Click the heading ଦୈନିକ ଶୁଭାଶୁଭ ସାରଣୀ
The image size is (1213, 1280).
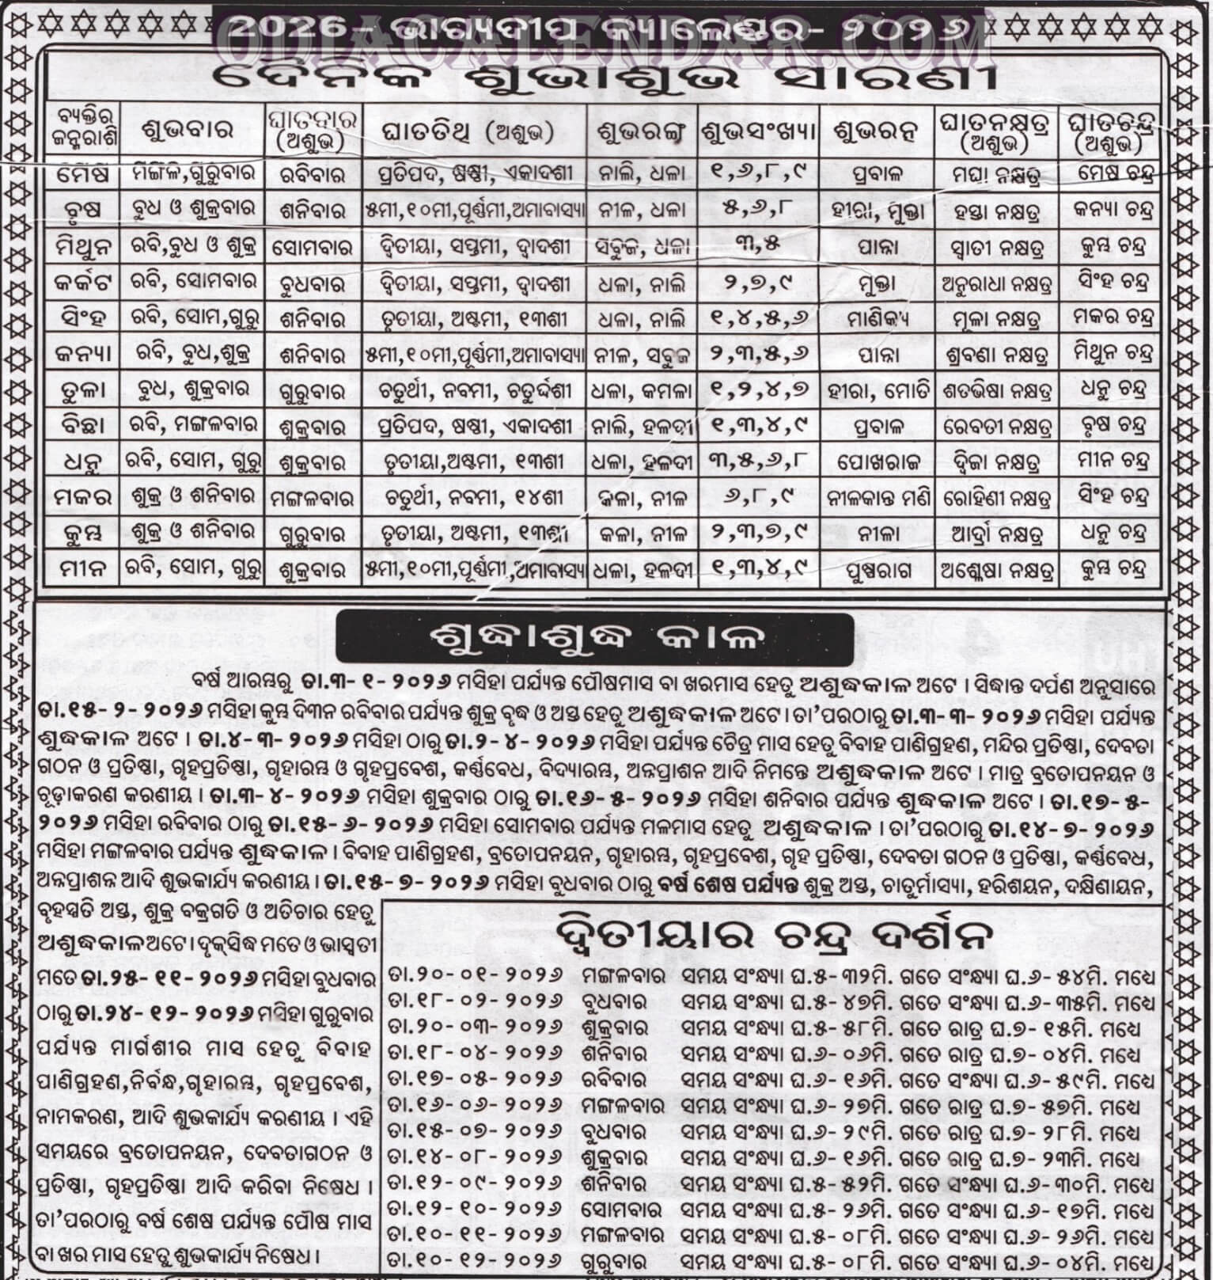click(x=605, y=82)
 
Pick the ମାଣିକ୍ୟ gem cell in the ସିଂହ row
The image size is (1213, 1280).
click(x=876, y=318)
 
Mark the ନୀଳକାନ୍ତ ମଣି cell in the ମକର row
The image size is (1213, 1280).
click(x=876, y=497)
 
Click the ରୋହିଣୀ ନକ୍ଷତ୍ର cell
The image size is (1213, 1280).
click(x=997, y=497)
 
